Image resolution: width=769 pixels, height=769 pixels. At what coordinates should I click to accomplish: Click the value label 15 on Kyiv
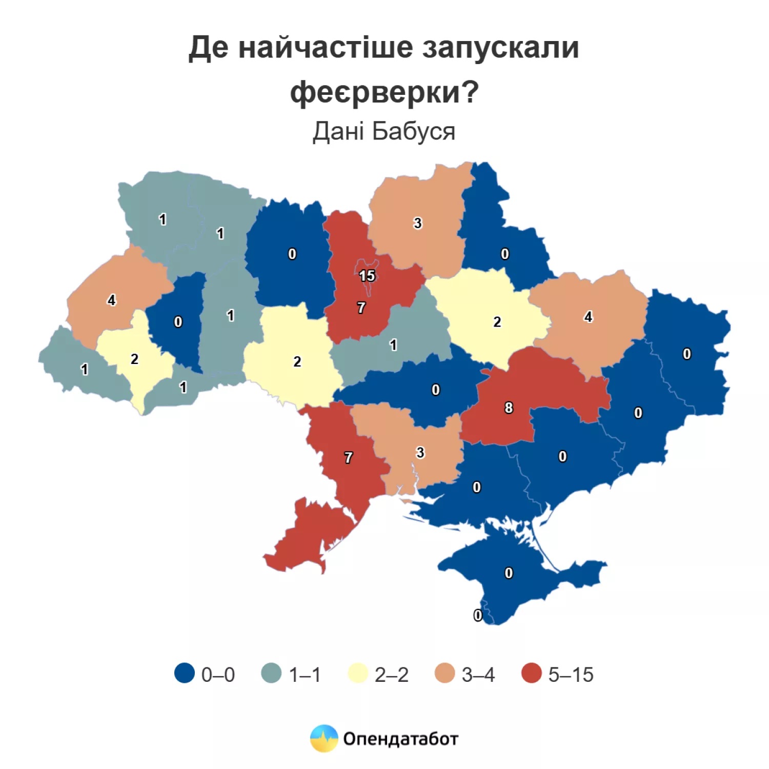click(x=367, y=276)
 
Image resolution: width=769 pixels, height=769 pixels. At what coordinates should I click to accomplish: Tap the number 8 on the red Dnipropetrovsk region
click(x=508, y=408)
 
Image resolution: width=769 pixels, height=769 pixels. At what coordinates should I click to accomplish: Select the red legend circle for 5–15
click(x=531, y=673)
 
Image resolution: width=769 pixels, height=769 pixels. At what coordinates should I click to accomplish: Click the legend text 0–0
click(x=218, y=675)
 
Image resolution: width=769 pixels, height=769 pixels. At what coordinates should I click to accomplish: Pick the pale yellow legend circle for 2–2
click(x=358, y=673)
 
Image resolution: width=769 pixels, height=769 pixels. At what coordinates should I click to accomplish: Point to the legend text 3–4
click(x=478, y=675)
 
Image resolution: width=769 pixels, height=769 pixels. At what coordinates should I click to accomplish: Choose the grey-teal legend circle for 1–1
click(x=271, y=673)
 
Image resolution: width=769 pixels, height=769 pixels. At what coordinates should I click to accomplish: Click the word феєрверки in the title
click(x=384, y=92)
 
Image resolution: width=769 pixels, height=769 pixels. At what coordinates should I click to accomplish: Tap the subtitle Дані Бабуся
click(x=384, y=131)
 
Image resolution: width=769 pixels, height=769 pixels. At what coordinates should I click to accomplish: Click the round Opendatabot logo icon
click(x=324, y=738)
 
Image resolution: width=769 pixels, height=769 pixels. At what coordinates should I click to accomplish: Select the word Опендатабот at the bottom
click(x=400, y=739)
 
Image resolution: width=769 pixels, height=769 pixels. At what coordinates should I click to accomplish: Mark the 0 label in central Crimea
click(x=508, y=573)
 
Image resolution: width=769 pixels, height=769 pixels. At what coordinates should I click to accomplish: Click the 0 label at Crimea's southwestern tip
click(x=478, y=615)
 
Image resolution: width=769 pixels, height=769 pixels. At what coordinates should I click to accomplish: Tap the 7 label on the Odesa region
click(x=349, y=457)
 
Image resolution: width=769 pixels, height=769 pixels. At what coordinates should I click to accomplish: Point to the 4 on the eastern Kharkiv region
click(x=588, y=317)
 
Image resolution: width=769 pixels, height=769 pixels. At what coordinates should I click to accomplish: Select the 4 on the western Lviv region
click(x=111, y=300)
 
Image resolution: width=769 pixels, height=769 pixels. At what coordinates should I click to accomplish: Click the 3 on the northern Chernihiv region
click(x=417, y=223)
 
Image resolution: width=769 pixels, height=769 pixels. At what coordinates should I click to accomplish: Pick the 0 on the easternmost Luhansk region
click(x=686, y=354)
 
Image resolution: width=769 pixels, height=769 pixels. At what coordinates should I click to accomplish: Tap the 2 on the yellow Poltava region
click(x=497, y=322)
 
